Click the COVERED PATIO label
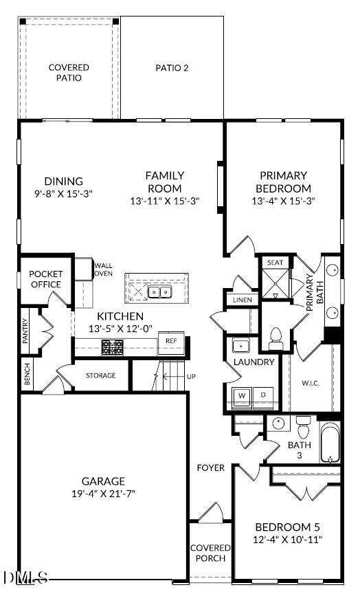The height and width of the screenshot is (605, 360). tap(69, 72)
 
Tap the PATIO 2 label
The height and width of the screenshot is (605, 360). tap(172, 67)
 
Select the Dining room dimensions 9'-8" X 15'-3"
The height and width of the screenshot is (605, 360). tap(64, 194)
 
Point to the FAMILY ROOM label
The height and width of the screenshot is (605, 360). tap(165, 182)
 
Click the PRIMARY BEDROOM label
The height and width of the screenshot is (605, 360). tap(283, 182)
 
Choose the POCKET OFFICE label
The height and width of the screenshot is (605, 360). tap(46, 279)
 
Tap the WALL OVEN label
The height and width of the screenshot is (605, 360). tap(104, 269)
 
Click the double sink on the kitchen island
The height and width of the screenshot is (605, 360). tap(160, 293)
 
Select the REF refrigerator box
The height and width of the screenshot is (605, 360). tap(171, 340)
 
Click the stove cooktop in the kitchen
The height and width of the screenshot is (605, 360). tap(112, 348)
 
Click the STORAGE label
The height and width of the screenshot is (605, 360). tap(100, 375)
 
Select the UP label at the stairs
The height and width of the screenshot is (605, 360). tap(191, 377)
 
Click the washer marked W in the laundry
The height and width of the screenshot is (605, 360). tap(242, 395)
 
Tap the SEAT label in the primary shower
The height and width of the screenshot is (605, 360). tap(275, 263)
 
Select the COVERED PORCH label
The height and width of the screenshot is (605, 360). tap(210, 553)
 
